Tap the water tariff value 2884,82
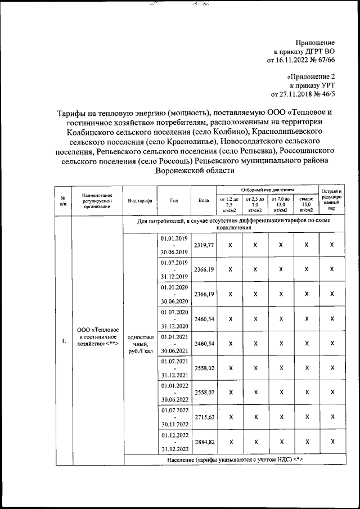pos(204,442)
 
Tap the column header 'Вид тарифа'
pos(138,200)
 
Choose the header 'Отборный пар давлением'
pos(268,191)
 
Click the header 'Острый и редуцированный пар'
pos(332,200)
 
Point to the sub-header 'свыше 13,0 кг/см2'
pos(306,205)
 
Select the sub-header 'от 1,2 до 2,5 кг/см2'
pos(229,205)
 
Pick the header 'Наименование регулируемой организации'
pos(97,200)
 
